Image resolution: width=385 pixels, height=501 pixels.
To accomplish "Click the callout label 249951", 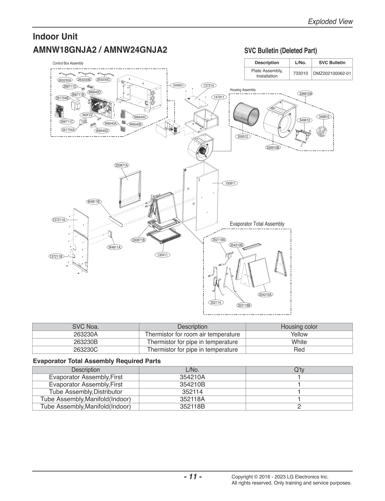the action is pos(178,85).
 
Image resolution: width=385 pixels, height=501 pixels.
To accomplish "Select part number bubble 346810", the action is pos(324,117).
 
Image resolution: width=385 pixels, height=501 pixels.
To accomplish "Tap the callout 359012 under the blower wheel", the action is pos(243,137).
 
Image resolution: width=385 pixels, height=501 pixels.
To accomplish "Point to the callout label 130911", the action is pos(230,183).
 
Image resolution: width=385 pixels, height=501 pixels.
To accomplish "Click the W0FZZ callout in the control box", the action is pos(87,115).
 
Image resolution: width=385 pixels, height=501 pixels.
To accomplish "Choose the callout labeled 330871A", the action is pos(122,165).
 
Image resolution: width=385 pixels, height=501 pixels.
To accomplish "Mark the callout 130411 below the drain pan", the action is pos(162,255).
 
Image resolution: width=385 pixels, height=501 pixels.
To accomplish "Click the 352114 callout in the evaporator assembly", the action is pos(216,303).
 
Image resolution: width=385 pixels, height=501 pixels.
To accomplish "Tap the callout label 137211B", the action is pos(56,256).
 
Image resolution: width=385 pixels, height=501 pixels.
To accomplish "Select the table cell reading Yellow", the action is pos(299,334).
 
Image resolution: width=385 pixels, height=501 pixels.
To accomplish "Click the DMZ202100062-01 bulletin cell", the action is pos(332,73).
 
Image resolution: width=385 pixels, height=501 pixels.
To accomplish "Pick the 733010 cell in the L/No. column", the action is pos(301,73).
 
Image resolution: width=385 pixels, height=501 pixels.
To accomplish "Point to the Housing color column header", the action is pos(299,327).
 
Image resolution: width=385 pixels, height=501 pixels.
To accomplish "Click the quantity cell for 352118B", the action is pos(299,406).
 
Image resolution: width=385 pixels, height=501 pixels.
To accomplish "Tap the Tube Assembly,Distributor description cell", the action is pos(86,392).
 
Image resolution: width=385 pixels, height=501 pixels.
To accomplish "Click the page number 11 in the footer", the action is pos(193,476).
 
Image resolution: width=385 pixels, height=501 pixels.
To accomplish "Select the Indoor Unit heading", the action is pos(55,36).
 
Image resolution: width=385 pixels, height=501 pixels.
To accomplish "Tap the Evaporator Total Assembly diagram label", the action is pos(257,224).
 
